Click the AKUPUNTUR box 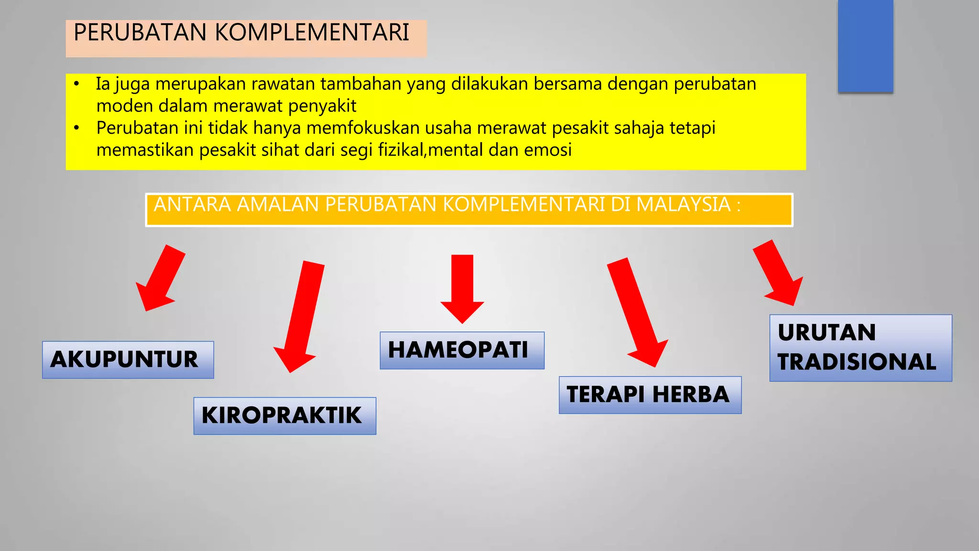[x=128, y=360]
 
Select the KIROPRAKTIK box [x=284, y=416]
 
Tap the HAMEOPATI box [x=462, y=350]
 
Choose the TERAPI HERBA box [x=650, y=395]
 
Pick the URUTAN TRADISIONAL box [x=860, y=348]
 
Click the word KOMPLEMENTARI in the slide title [x=312, y=33]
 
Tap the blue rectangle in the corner [x=865, y=45]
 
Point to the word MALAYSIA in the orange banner [x=684, y=205]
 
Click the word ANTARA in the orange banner [x=192, y=205]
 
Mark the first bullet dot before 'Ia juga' [x=76, y=85]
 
